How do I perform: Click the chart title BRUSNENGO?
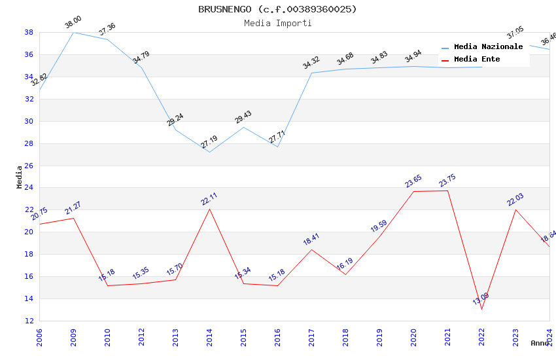click(277, 9)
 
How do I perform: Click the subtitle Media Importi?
click(277, 23)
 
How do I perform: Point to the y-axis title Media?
click(20, 177)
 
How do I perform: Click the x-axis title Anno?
click(540, 343)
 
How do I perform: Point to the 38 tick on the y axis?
click(29, 32)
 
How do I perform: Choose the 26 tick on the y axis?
click(29, 166)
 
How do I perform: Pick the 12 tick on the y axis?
click(29, 321)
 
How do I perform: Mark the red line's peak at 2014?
click(209, 209)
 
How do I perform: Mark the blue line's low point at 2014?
click(209, 153)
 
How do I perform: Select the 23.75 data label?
click(447, 181)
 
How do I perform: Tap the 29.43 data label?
click(243, 118)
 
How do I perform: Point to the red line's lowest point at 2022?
click(482, 309)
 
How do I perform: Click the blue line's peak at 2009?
click(73, 32)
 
